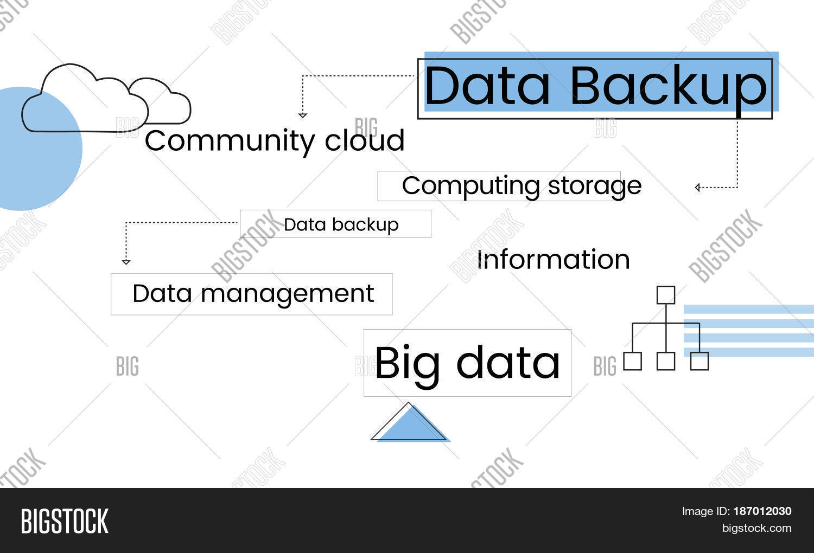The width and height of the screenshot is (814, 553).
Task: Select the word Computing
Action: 470,186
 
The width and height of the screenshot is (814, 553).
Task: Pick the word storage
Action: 595,186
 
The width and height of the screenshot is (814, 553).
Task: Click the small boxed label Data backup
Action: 341,224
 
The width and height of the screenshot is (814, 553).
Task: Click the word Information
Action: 553,260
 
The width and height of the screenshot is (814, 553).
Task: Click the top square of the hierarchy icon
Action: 666,295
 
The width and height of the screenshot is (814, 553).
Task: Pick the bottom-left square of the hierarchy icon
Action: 632,361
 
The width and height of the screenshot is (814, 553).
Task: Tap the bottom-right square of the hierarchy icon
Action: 699,361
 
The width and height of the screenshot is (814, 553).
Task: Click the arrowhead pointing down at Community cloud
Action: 303,115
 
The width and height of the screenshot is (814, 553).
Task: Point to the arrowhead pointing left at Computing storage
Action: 698,188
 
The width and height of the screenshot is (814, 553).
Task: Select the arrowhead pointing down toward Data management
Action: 126,262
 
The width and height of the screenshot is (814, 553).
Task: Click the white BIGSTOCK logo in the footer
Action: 65,521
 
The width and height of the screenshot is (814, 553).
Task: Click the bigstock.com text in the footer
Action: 756,528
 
